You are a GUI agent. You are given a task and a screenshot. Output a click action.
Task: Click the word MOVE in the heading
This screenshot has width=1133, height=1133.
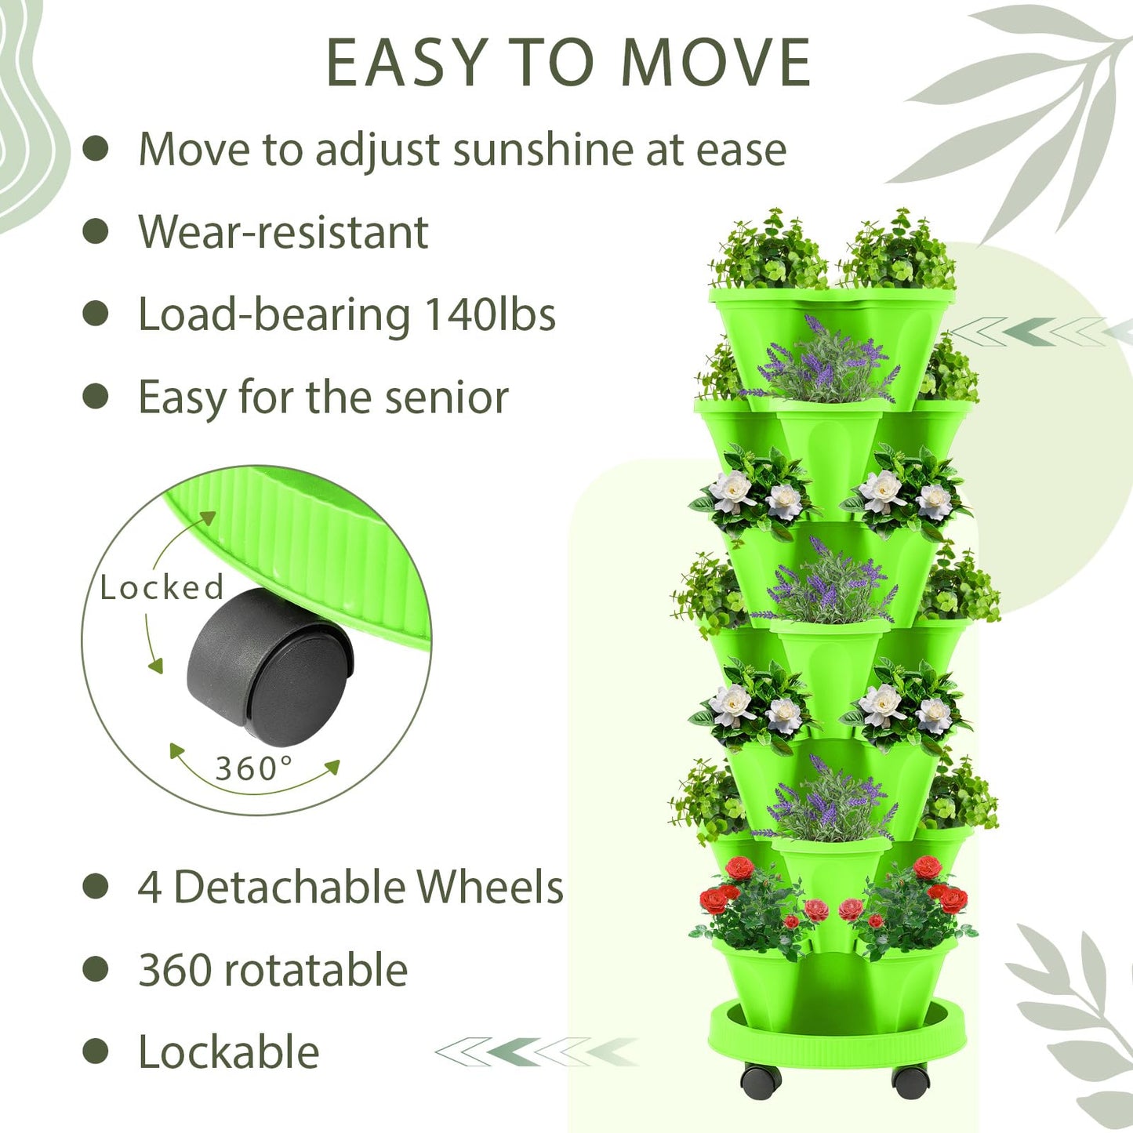point(716,63)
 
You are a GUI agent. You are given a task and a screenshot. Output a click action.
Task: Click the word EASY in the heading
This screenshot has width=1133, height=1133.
point(407,63)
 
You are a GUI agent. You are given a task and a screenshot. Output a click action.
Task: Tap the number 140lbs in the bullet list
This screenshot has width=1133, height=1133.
point(490,314)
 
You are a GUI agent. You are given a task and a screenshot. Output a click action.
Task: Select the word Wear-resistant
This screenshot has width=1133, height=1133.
point(283,232)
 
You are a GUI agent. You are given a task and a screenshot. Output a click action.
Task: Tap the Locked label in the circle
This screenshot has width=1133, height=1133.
point(162,587)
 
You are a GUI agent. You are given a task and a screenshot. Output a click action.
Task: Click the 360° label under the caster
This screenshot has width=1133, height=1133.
point(254,768)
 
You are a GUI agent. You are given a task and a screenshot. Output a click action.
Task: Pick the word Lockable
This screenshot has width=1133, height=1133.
point(228,1051)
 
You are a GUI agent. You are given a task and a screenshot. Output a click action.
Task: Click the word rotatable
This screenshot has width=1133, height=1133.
point(315,970)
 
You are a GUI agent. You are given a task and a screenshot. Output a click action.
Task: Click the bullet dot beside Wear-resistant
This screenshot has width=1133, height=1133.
point(96,231)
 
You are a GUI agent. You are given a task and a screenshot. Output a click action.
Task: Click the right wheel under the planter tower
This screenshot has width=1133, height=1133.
point(910,1080)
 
